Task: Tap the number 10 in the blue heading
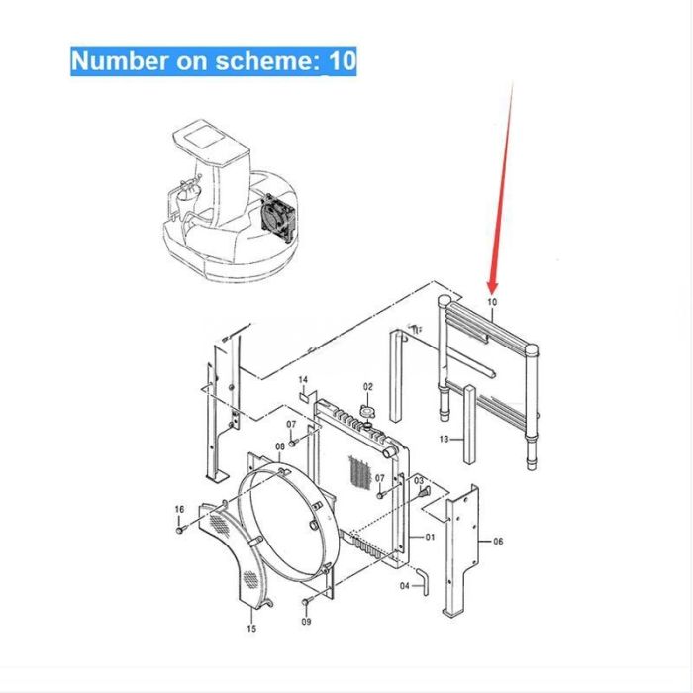tap(343, 60)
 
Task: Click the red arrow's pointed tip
tap(493, 293)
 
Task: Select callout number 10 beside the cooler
tap(492, 302)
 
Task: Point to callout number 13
tap(444, 439)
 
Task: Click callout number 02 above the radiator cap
tap(368, 387)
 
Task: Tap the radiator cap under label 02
tap(367, 411)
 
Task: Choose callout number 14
tap(303, 379)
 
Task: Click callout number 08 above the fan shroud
tap(280, 446)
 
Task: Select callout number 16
tap(179, 509)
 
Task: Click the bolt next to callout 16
tap(181, 529)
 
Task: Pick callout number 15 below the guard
tap(251, 629)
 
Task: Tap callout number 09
tap(306, 622)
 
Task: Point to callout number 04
tap(404, 586)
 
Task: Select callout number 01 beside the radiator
tap(430, 537)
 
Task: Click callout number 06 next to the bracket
tap(498, 541)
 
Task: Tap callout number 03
tap(419, 481)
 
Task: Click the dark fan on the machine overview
tap(277, 219)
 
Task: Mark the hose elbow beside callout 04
tap(422, 582)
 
